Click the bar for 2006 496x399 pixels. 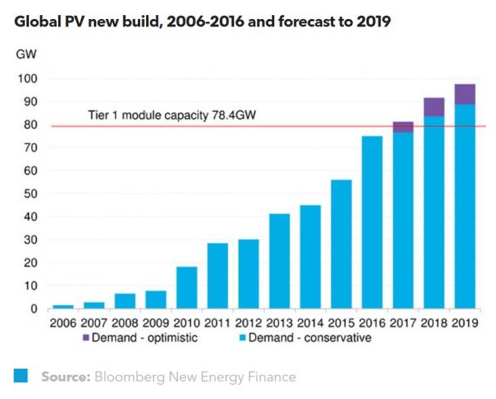tap(63, 307)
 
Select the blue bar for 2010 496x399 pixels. tap(186, 288)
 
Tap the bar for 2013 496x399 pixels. tap(279, 261)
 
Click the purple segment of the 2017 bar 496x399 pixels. tap(403, 127)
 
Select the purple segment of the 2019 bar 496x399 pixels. tap(465, 94)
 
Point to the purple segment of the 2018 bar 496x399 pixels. tap(434, 107)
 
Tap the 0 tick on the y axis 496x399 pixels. tap(33, 309)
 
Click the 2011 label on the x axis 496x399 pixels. tap(217, 323)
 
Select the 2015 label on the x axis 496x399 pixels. tap(341, 323)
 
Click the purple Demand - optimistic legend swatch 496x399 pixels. tap(84, 338)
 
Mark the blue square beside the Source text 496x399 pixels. tap(21, 376)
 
